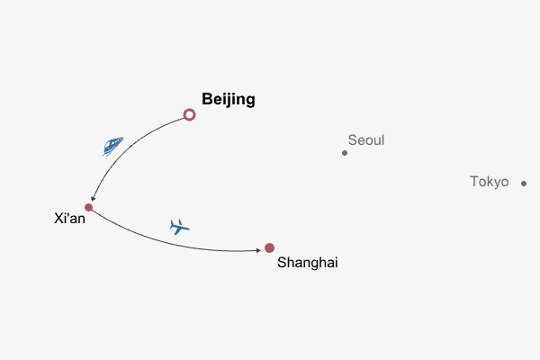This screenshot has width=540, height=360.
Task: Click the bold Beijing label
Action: coord(229,100)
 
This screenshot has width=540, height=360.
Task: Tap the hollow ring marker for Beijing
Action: coord(189,114)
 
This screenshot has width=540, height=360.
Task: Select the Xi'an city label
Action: coord(69,219)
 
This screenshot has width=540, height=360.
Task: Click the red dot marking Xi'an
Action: coord(88,208)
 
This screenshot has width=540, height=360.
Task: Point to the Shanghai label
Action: coord(308,263)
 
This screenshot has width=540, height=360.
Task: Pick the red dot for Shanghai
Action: coord(269,248)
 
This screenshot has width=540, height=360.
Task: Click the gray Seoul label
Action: coord(365,140)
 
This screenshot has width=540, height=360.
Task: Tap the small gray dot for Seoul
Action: coord(345,153)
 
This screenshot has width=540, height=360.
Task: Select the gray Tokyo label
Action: coord(489,182)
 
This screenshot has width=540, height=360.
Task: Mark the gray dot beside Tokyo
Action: coord(524,184)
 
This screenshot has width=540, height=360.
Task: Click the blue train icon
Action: coord(112,146)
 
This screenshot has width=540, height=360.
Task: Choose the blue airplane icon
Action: coord(180,227)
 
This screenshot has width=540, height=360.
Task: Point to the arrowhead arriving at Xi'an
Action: coord(92,200)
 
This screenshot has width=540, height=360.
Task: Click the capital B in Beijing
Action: coord(207,100)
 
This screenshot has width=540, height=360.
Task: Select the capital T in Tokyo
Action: coord(474,182)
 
